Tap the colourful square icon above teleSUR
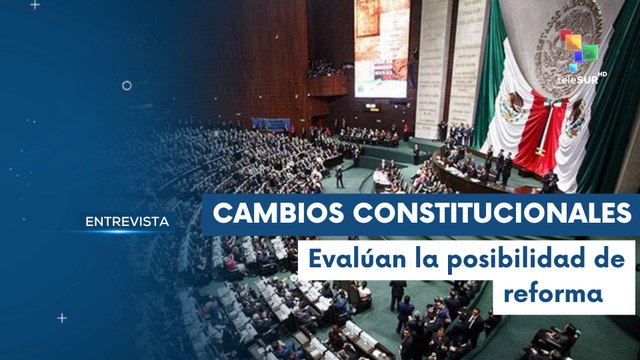click(x=577, y=45)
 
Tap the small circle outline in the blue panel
click(x=127, y=86)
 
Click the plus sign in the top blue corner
click(x=35, y=5)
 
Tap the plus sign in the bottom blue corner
click(x=62, y=318)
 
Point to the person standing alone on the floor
click(x=340, y=177)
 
